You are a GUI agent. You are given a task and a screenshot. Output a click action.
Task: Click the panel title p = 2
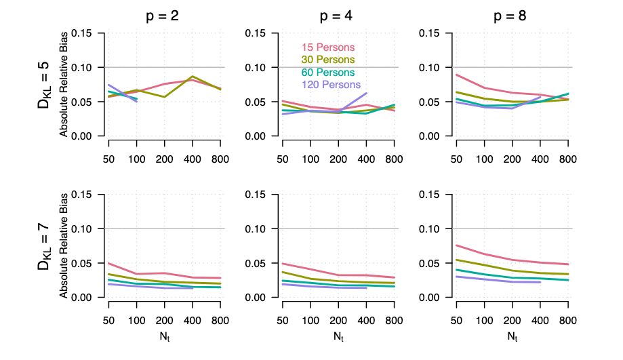(x=164, y=17)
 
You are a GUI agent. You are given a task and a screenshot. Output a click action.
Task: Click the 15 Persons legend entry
(x=328, y=47)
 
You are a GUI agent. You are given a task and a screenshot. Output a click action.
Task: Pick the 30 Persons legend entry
(x=328, y=60)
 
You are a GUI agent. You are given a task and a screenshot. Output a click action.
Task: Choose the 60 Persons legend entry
(x=328, y=73)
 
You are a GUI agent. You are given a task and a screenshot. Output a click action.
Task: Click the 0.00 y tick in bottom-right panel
(x=433, y=298)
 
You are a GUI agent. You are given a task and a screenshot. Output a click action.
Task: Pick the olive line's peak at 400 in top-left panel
(x=193, y=76)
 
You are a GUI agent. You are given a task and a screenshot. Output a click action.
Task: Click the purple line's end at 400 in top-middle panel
(x=366, y=93)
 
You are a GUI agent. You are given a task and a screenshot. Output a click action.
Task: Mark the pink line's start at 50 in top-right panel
(x=456, y=75)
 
